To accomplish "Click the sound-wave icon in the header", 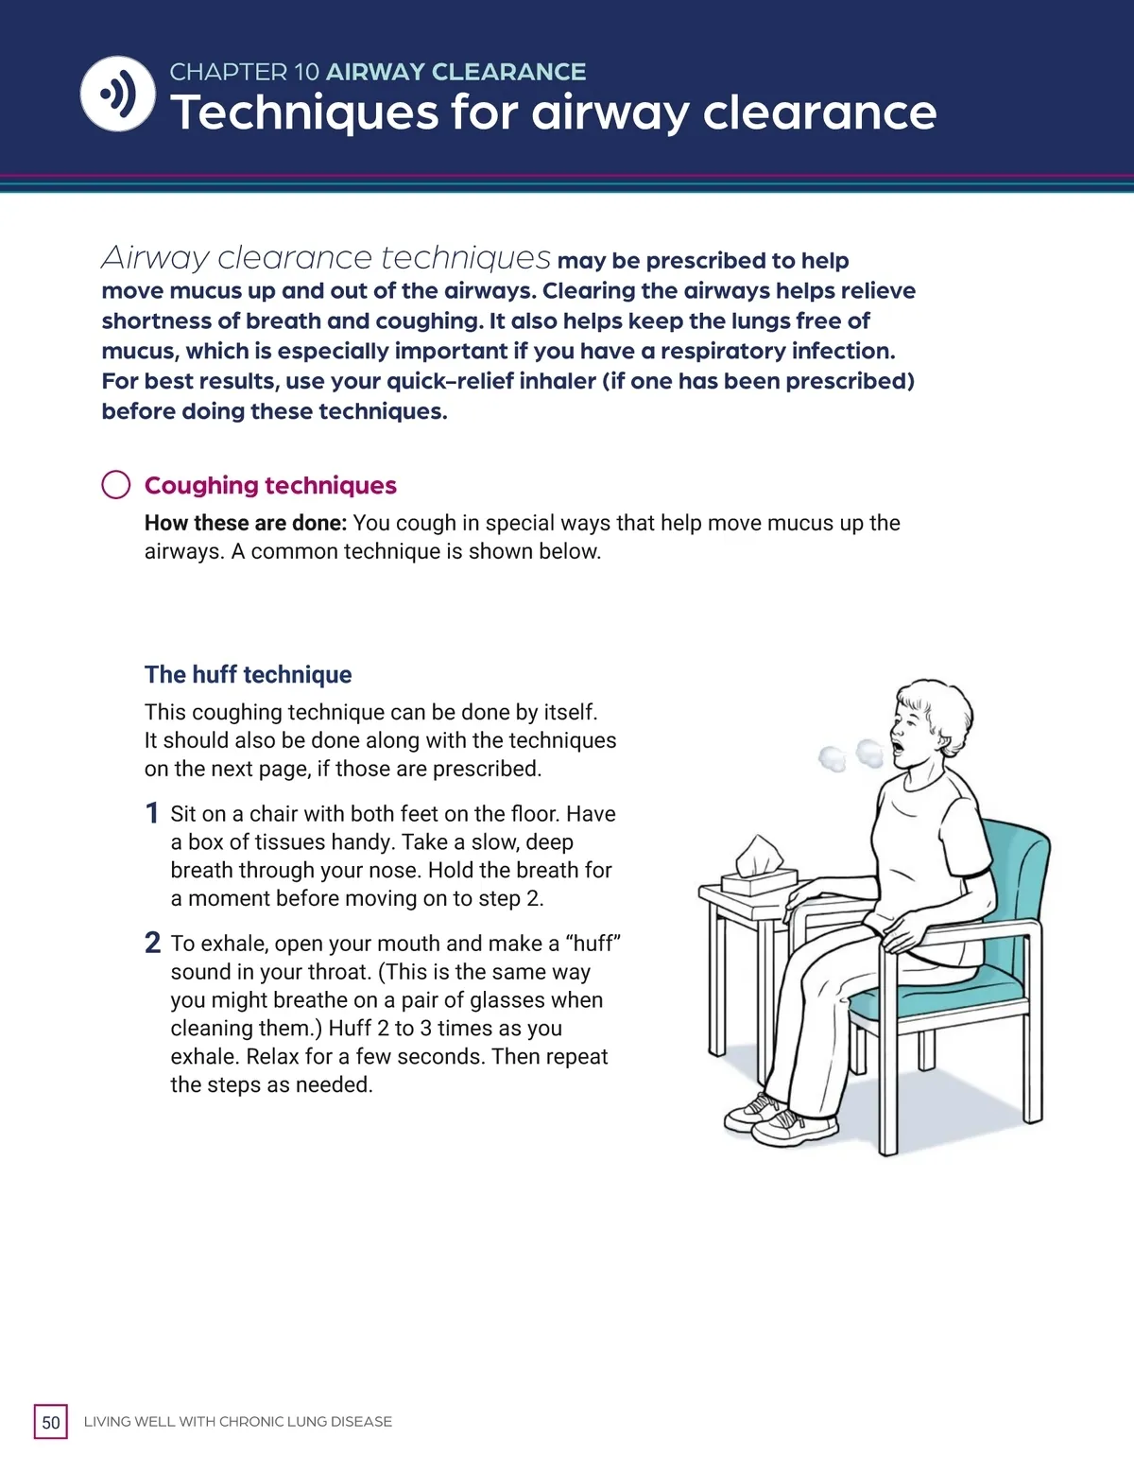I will click(x=118, y=94).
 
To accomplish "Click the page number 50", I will click(x=51, y=1422).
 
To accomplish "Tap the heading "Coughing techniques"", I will click(x=270, y=485).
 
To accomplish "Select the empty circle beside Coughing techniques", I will click(x=115, y=484).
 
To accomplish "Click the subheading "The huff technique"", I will click(x=248, y=674).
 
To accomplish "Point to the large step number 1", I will click(x=151, y=813).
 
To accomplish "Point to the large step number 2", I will click(x=152, y=943).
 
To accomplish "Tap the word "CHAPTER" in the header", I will click(x=228, y=72).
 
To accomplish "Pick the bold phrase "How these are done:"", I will click(x=246, y=523).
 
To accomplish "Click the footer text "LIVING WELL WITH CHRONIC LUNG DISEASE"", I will click(x=238, y=1422).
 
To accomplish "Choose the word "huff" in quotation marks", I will click(x=593, y=944).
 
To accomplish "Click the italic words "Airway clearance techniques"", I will click(x=326, y=257).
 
